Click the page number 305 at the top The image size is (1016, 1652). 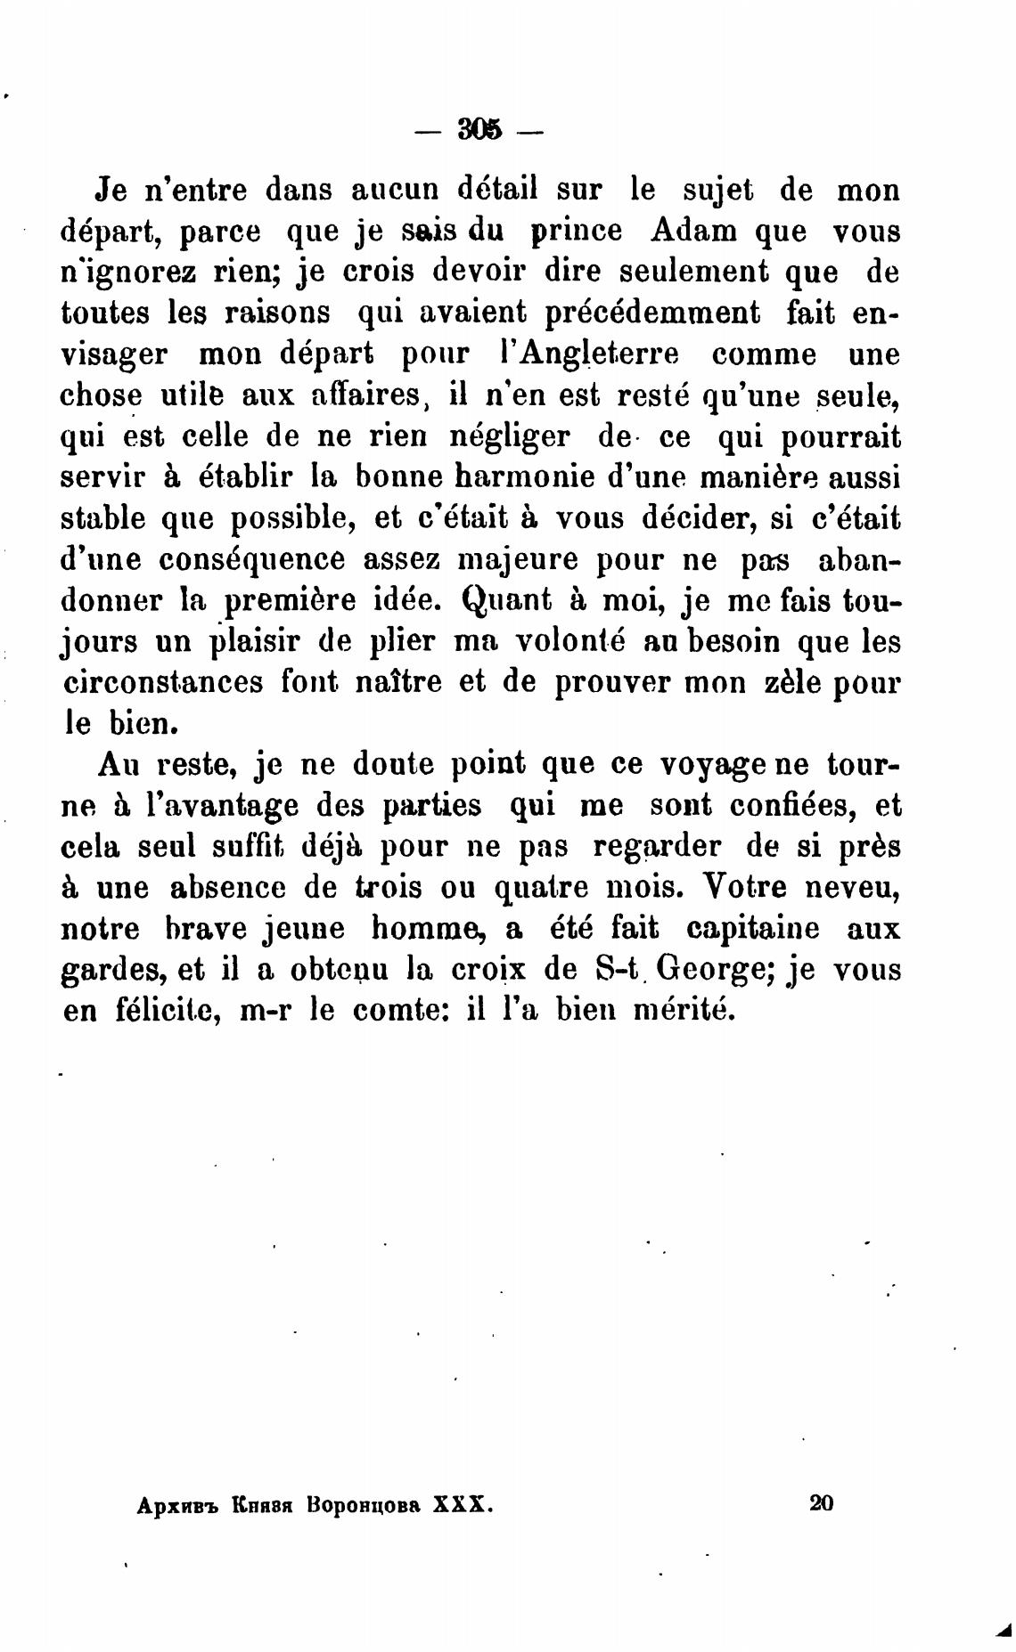[x=479, y=130]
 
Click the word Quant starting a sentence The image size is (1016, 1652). [x=508, y=600]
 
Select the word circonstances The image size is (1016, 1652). [x=165, y=683]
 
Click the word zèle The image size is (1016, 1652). [x=792, y=683]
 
